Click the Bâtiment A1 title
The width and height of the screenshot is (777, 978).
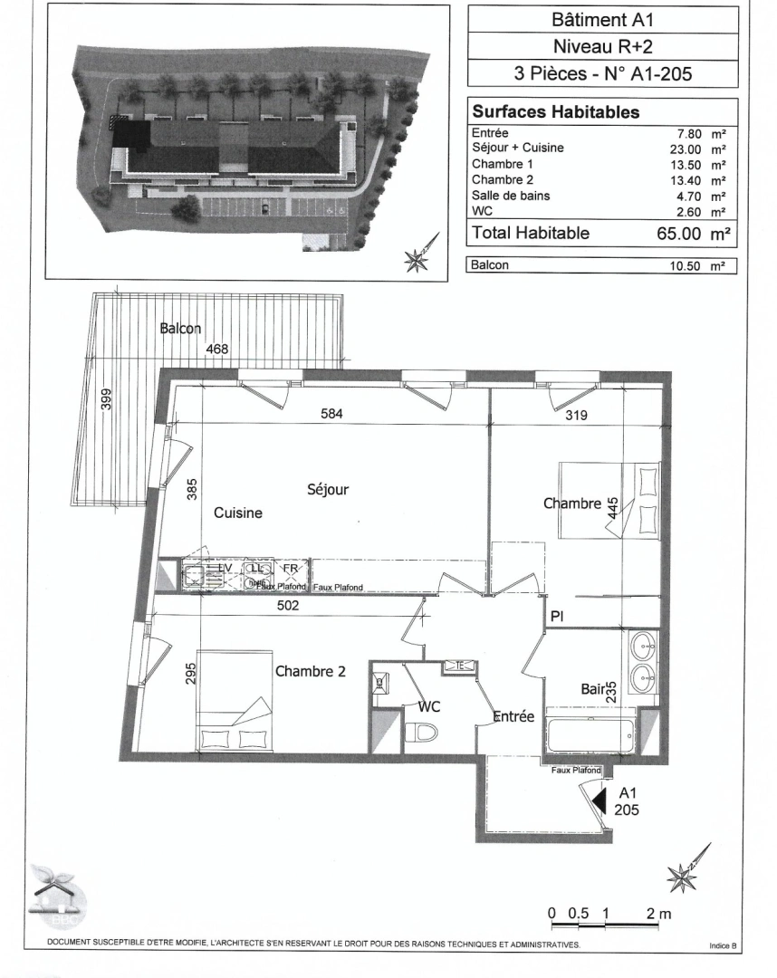click(x=601, y=19)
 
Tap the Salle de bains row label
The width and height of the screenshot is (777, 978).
click(x=511, y=196)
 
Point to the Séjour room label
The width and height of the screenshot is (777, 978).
click(x=327, y=489)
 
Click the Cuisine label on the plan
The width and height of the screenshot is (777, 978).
click(x=237, y=513)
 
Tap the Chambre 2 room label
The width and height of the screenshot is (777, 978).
click(x=311, y=671)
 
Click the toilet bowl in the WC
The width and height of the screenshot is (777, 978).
click(x=422, y=731)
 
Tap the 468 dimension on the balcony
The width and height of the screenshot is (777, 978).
click(x=216, y=349)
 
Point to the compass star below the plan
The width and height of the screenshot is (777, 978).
click(x=680, y=876)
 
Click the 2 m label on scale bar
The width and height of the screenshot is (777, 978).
click(x=659, y=914)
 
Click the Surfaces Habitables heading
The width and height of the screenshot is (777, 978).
click(x=555, y=112)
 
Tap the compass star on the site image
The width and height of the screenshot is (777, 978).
click(x=418, y=261)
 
